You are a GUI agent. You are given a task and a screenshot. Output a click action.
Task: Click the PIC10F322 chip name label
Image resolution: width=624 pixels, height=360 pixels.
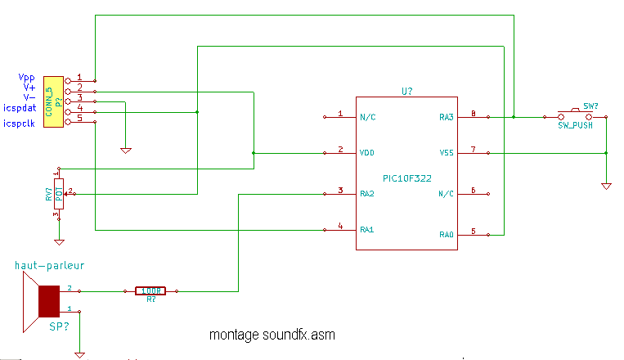[406, 178]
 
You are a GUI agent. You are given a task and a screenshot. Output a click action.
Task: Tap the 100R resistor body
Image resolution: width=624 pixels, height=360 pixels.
[150, 291]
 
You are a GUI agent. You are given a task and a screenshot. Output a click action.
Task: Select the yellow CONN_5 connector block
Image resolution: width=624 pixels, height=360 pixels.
[53, 102]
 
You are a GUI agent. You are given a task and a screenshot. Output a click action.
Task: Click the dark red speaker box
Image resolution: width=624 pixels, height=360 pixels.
[49, 301]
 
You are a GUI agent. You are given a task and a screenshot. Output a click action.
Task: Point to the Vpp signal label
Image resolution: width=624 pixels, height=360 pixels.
[27, 78]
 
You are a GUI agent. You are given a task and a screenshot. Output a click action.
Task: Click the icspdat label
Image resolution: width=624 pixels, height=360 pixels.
[20, 108]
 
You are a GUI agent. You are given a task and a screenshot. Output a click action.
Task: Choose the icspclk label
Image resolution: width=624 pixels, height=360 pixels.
[19, 124]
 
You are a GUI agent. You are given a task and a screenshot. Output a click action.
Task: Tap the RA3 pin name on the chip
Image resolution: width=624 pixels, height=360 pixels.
[446, 117]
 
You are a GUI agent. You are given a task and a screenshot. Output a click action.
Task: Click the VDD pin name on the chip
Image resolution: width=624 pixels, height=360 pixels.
[367, 153]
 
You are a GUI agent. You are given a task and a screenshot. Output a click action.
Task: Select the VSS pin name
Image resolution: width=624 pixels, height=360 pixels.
[447, 153]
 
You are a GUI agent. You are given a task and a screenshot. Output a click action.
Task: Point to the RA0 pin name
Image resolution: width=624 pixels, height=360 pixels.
[446, 235]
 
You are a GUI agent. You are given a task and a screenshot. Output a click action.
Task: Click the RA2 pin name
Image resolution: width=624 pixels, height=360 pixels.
[367, 194]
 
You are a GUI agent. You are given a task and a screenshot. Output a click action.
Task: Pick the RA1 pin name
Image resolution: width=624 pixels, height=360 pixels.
[367, 230]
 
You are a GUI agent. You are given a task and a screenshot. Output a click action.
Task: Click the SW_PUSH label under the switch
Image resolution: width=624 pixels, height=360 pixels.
[575, 125]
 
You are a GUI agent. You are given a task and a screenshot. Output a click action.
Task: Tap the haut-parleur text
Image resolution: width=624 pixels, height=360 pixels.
[49, 266]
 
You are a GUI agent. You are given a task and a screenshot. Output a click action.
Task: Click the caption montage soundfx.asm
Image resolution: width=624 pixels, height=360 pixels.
[272, 335]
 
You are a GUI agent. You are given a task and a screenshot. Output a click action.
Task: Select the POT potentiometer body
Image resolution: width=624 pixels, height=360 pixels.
[59, 194]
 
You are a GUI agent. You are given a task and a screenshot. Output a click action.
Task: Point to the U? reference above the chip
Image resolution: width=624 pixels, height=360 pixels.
[406, 91]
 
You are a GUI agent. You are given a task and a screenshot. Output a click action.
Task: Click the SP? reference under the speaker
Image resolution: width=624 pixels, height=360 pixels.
[59, 326]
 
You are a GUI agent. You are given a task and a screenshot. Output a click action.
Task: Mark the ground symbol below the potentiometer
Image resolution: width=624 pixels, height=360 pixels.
[59, 242]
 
